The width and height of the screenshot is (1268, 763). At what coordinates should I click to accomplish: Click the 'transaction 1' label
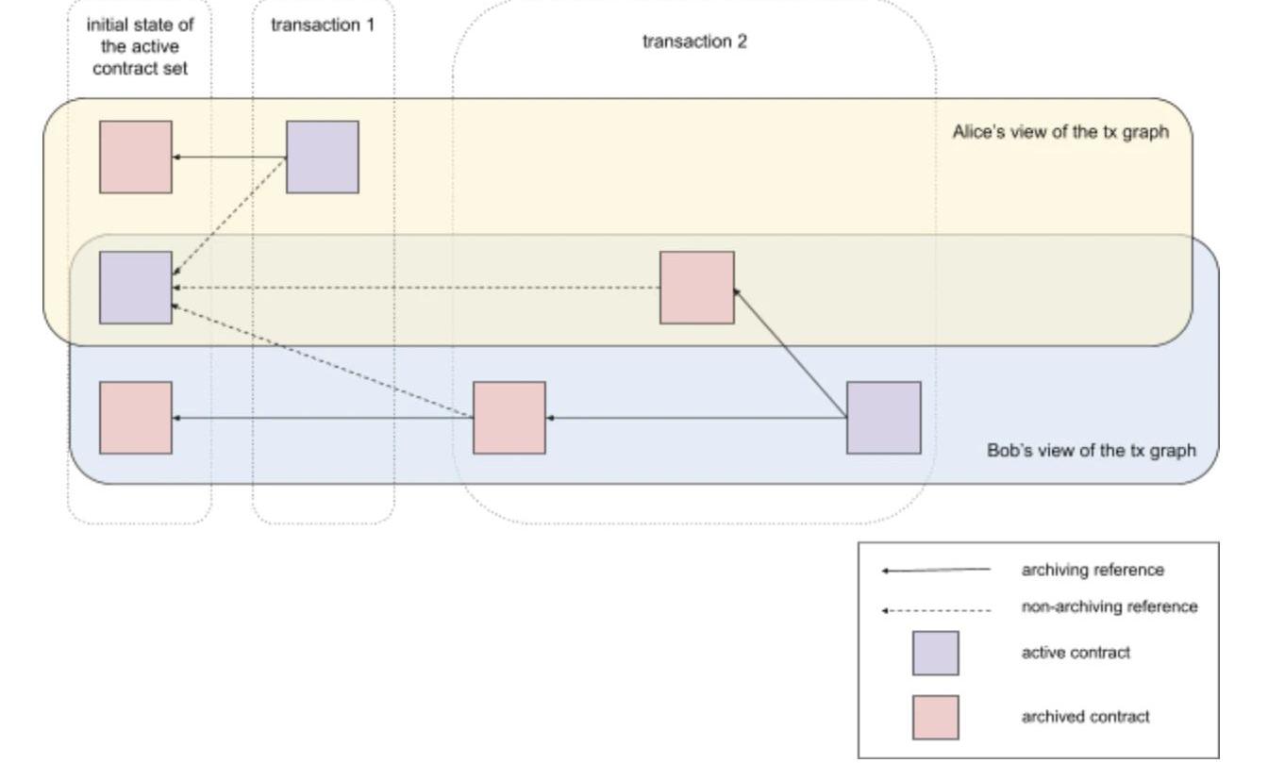tap(323, 25)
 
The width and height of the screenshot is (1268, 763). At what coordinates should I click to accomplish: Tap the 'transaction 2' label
tap(694, 42)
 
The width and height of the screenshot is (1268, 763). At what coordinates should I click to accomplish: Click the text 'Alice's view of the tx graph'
tap(1060, 132)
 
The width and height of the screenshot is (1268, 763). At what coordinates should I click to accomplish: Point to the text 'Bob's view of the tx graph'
tap(1091, 451)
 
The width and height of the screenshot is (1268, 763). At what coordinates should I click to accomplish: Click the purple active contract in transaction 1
tap(323, 157)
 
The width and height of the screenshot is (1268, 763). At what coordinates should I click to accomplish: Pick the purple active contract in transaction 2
tap(883, 418)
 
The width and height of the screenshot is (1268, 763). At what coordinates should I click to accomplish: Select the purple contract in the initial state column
tap(136, 288)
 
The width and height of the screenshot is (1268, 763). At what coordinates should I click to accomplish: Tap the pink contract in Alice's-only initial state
tap(136, 157)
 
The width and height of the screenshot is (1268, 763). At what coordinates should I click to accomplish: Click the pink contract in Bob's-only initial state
tap(136, 418)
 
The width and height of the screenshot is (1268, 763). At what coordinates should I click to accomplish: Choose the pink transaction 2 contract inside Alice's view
tap(697, 288)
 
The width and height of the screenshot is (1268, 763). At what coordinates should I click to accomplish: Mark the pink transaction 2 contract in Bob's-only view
tap(509, 418)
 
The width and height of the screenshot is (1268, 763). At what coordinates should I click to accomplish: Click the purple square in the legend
tap(935, 654)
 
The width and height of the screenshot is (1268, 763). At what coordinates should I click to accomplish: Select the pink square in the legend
tap(935, 717)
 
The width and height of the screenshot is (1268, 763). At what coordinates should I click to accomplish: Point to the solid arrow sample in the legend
tap(936, 571)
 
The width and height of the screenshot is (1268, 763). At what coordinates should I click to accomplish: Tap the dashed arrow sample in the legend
tap(936, 610)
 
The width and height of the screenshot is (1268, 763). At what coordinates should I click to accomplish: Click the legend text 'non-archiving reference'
tap(1109, 607)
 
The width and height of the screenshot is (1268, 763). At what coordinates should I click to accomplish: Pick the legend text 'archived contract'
tap(1085, 717)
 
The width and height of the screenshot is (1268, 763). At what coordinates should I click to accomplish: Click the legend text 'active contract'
tap(1076, 654)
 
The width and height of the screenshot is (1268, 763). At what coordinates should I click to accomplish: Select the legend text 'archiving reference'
tap(1093, 571)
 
